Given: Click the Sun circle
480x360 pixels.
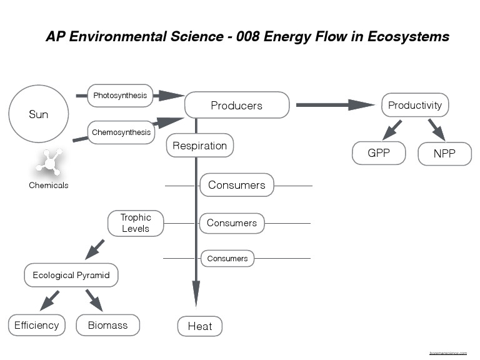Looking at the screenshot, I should pyautogui.click(x=38, y=114).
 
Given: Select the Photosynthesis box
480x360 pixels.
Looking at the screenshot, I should pyautogui.click(x=120, y=96).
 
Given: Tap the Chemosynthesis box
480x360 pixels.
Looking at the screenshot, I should pyautogui.click(x=121, y=132).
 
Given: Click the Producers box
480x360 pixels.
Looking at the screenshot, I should pyautogui.click(x=236, y=105).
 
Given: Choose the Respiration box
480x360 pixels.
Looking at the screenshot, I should pyautogui.click(x=199, y=146).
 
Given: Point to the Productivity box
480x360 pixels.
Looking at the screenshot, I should pyautogui.click(x=415, y=105).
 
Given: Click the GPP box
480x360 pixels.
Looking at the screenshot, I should pyautogui.click(x=379, y=152).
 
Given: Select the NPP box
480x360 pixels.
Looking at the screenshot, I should pyautogui.click(x=444, y=153).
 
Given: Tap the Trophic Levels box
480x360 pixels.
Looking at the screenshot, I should pyautogui.click(x=136, y=223).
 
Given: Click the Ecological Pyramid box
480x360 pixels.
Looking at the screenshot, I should pyautogui.click(x=71, y=275).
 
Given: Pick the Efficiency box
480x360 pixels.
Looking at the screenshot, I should pyautogui.click(x=37, y=325).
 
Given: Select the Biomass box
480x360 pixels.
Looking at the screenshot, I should pyautogui.click(x=107, y=325).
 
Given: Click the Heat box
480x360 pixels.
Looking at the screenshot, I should pyautogui.click(x=199, y=326).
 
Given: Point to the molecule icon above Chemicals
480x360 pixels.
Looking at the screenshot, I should pyautogui.click(x=48, y=163).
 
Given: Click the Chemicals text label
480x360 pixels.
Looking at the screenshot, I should pyautogui.click(x=48, y=186).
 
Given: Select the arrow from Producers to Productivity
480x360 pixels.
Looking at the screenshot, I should pyautogui.click(x=334, y=105).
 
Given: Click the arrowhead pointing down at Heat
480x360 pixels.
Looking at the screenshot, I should pyautogui.click(x=196, y=294).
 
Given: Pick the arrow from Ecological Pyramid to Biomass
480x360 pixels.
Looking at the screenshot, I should pyautogui.click(x=94, y=299).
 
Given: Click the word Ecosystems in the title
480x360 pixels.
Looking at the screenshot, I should pyautogui.click(x=409, y=36).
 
